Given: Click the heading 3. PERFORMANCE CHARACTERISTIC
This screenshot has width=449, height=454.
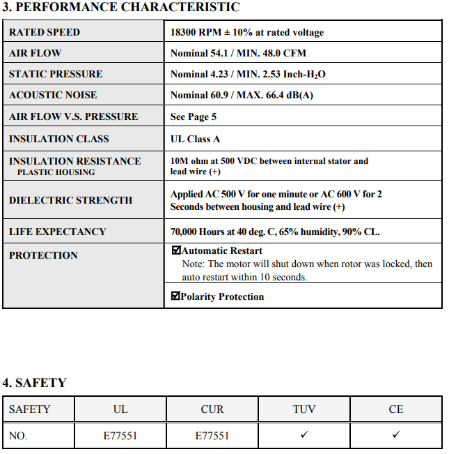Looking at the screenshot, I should (121, 8).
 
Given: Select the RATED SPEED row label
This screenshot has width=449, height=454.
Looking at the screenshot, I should (45, 32).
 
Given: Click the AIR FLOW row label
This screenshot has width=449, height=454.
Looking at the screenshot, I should (35, 53).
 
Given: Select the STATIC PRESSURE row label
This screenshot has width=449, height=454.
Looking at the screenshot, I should (56, 74).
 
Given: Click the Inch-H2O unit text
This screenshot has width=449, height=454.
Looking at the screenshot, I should (306, 75).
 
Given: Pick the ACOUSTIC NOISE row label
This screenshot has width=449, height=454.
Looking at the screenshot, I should (53, 95).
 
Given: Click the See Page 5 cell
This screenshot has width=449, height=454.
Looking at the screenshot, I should (194, 116).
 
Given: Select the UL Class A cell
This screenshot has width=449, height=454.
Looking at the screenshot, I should (196, 139).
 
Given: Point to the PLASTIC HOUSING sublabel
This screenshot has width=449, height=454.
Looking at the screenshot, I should (56, 172).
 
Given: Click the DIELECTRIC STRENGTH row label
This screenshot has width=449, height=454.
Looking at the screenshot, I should (70, 200).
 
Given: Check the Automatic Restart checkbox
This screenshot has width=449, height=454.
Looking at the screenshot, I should (176, 250).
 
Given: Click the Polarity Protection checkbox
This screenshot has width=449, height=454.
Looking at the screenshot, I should (175, 296).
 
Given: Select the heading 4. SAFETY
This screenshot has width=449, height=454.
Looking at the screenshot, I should (34, 383).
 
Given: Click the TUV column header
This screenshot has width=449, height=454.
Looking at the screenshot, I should (304, 409).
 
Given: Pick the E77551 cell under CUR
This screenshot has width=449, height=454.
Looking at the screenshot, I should (212, 436).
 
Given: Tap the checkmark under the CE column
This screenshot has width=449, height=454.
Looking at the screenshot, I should (396, 435).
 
